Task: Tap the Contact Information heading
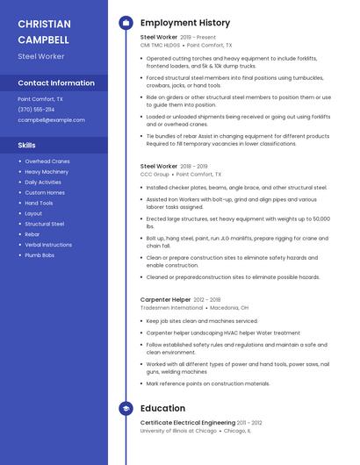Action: tap(56, 83)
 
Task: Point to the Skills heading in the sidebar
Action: tap(27, 145)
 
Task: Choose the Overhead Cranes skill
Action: tap(47, 161)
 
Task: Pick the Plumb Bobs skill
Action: tap(40, 255)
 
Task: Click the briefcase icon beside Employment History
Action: tap(126, 23)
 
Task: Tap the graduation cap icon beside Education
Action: tap(126, 408)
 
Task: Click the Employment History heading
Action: tap(185, 23)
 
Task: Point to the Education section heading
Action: tap(162, 408)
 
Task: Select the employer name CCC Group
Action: tap(155, 175)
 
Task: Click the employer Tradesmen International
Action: tap(172, 308)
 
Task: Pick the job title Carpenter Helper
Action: tap(166, 299)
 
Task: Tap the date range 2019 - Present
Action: tap(198, 38)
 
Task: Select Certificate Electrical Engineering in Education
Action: tap(187, 423)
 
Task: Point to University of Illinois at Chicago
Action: tap(178, 431)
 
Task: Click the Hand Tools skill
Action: tap(39, 203)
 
